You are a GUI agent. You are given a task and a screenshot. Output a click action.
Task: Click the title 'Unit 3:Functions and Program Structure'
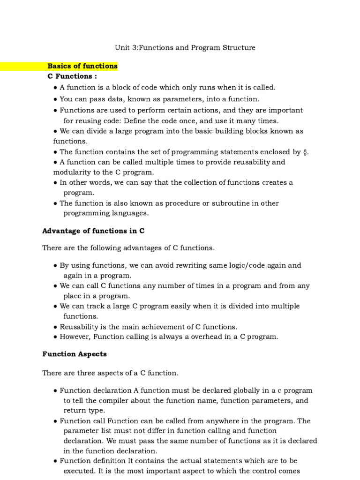tap(185, 48)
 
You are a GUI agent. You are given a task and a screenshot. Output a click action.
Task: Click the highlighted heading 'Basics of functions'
tap(82, 66)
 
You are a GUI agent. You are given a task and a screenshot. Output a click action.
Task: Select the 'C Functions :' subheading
tap(73, 76)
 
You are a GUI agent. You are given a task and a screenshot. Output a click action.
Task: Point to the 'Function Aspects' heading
tap(75, 354)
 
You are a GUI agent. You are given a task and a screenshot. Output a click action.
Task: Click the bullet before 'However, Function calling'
tap(56, 337)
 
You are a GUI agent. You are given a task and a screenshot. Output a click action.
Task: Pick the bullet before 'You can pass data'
tap(56, 99)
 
